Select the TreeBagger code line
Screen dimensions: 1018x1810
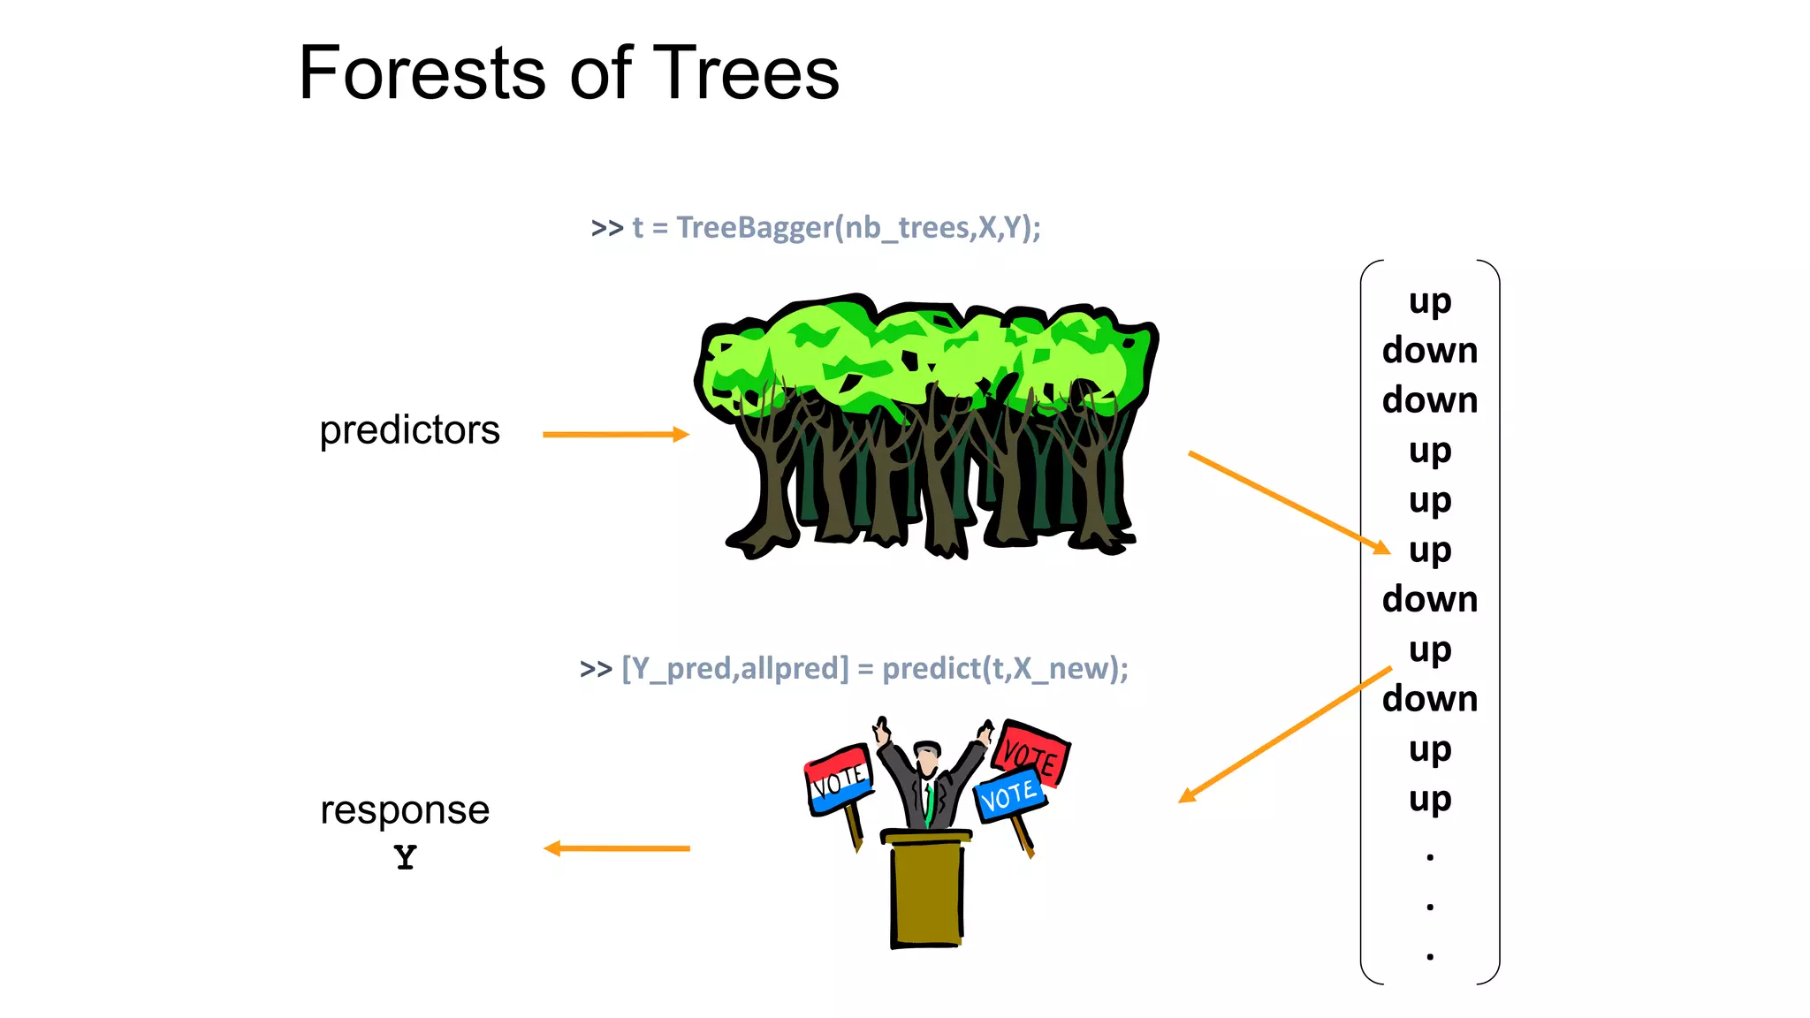point(816,228)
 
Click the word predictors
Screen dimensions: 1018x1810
point(409,430)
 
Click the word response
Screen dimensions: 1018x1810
point(405,809)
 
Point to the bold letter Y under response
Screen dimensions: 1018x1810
point(405,857)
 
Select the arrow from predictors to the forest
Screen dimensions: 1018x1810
point(615,434)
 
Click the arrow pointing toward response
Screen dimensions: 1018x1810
point(616,848)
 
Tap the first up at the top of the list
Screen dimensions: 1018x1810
point(1429,301)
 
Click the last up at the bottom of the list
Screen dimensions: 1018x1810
point(1429,799)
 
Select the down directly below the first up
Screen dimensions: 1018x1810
point(1429,351)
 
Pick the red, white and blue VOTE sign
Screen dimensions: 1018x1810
point(837,779)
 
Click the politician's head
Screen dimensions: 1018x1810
point(927,757)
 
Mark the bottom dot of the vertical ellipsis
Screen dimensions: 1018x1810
point(1429,956)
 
